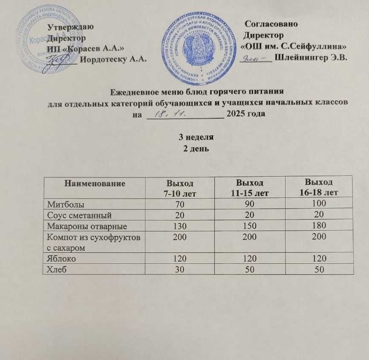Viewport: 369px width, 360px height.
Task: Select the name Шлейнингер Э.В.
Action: (312, 57)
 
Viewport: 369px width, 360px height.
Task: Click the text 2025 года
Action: (246, 114)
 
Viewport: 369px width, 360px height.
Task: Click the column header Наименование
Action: (95, 184)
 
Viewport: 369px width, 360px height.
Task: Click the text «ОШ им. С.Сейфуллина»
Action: (296, 46)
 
